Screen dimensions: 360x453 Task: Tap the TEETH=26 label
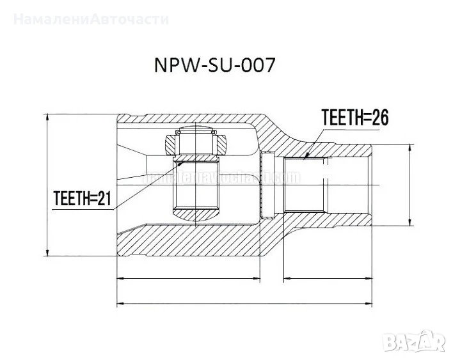(x=356, y=117)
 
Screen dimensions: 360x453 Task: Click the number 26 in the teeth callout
(x=379, y=117)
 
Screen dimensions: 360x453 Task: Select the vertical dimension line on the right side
(x=409, y=185)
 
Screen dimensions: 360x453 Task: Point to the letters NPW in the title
(x=170, y=67)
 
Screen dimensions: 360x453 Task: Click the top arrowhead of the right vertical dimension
(x=409, y=146)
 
